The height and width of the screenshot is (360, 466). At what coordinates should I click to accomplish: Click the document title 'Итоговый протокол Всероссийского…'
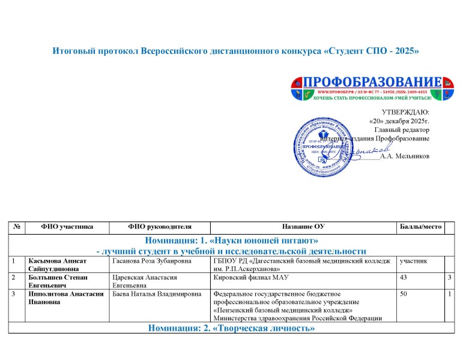(235, 52)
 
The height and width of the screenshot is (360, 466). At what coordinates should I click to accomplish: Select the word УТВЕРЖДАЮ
(405, 112)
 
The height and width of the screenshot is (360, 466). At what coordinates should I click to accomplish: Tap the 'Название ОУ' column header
(303, 227)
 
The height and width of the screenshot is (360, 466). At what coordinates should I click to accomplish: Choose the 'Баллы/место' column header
(420, 227)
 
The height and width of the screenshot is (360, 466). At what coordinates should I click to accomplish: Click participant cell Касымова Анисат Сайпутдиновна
(55, 266)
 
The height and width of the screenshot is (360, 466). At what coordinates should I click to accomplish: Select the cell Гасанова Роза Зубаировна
(148, 262)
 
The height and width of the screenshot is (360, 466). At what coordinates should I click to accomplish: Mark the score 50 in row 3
(404, 295)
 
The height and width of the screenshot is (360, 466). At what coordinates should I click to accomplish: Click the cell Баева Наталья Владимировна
(156, 295)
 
